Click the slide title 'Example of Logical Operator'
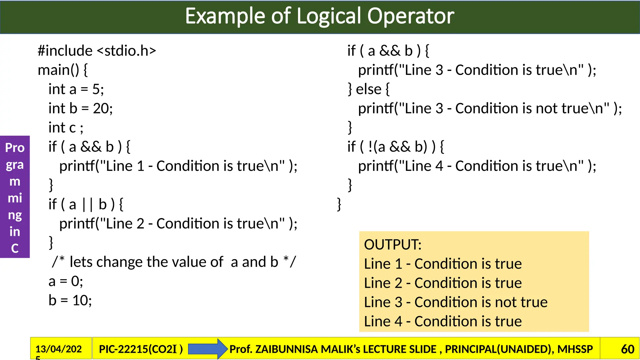[319, 16]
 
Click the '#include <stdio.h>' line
[97, 51]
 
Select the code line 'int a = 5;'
[76, 89]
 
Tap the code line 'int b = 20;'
[80, 108]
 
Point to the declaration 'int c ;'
[66, 128]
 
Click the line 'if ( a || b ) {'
[86, 205]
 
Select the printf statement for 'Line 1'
[178, 166]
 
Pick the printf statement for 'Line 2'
[178, 224]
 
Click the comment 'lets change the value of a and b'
[173, 262]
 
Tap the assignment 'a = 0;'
[66, 281]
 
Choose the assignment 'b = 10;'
[70, 301]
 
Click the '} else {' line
[369, 89]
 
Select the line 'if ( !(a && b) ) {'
[396, 147]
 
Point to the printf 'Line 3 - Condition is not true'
[490, 108]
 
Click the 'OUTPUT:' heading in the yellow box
[392, 245]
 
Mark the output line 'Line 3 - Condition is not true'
[456, 302]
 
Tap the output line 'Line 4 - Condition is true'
[443, 322]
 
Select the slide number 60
[627, 349]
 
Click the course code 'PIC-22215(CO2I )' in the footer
[141, 349]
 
